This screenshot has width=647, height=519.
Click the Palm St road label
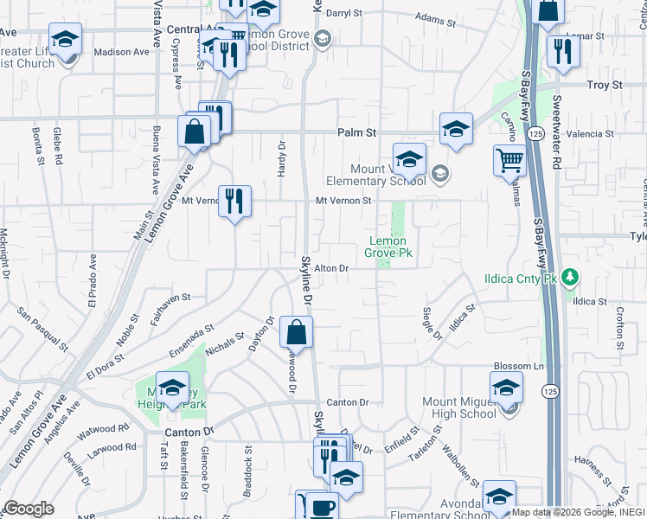coord(356,133)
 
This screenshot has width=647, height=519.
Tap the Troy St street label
coord(605,85)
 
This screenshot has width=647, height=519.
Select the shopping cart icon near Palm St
coord(509,160)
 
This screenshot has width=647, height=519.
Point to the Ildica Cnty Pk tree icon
coord(569,277)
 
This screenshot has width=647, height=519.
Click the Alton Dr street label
coord(330,269)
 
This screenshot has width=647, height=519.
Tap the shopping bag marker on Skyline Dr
coord(296,331)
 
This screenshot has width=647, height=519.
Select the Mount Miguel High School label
coord(459,407)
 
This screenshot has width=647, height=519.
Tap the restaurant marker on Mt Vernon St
coord(234,202)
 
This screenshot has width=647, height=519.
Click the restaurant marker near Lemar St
coord(563,51)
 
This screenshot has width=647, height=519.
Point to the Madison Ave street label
coord(122,52)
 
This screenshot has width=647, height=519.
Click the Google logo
coord(29,509)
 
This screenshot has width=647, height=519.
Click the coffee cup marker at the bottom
coord(323,507)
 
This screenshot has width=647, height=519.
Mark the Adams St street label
coord(434,17)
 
